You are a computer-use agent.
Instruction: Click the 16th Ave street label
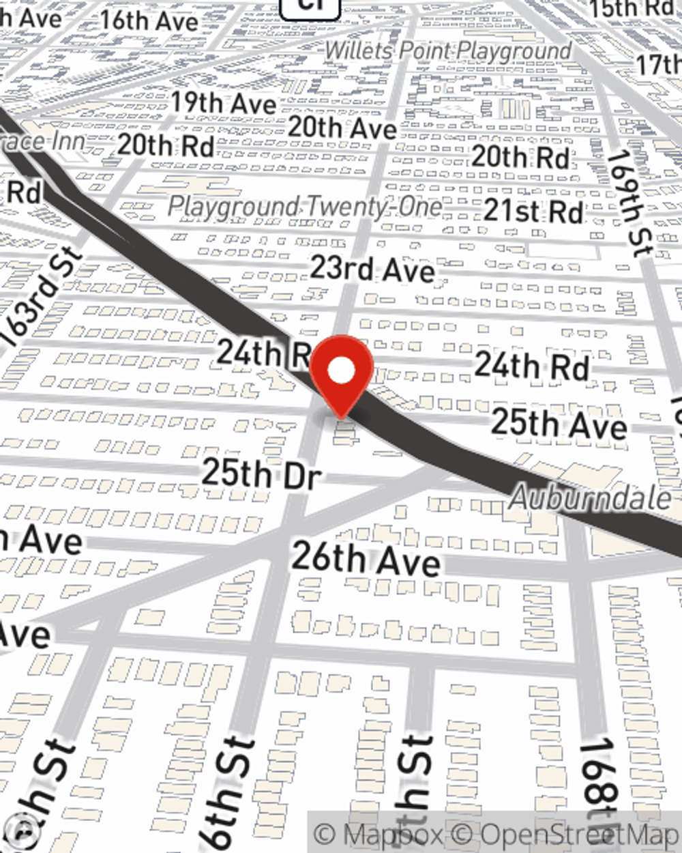(x=149, y=20)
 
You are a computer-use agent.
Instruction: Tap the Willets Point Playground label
(x=447, y=50)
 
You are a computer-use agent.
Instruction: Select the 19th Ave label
(x=223, y=103)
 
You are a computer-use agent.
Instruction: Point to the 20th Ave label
(x=342, y=128)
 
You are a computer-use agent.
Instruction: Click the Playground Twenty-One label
(x=305, y=206)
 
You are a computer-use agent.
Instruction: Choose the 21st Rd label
(x=533, y=211)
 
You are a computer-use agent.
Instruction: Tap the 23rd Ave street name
(x=372, y=269)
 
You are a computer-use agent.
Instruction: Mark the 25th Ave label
(x=559, y=424)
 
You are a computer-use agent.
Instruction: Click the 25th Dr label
(x=261, y=473)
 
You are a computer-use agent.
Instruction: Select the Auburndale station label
(x=590, y=497)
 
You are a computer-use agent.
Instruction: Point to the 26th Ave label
(x=366, y=560)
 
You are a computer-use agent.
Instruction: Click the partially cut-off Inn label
(x=44, y=142)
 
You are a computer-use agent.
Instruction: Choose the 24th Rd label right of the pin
(x=532, y=366)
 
